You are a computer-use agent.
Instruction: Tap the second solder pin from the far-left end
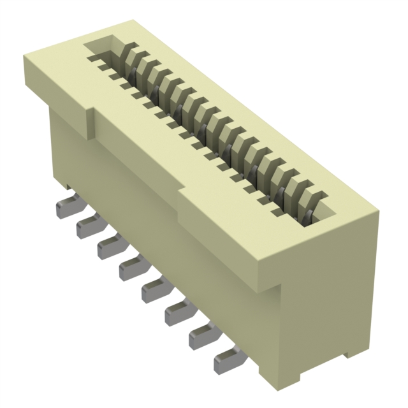pos(87,227)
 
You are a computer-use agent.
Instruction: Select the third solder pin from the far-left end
pos(108,247)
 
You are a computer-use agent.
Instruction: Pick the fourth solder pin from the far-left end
pos(129,268)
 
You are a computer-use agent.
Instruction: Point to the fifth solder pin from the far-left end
pos(152,290)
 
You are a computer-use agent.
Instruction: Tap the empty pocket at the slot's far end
pos(102,48)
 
